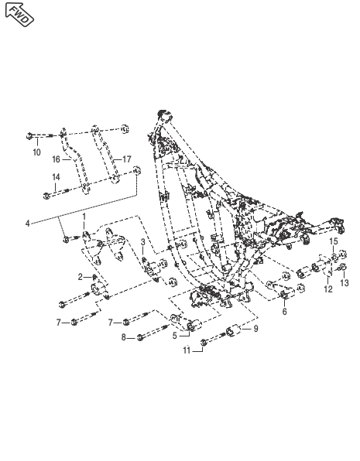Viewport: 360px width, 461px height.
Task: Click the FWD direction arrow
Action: pyautogui.click(x=19, y=15)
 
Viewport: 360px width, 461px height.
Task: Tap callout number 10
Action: pyautogui.click(x=36, y=152)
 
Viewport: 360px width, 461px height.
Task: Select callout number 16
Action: pyautogui.click(x=56, y=159)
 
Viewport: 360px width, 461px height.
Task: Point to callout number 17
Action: pyautogui.click(x=126, y=159)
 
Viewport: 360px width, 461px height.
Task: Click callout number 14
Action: pyautogui.click(x=56, y=177)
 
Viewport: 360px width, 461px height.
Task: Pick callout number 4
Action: pyautogui.click(x=28, y=224)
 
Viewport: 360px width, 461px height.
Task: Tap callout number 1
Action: pyautogui.click(x=84, y=217)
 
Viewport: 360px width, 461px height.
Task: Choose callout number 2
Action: pyautogui.click(x=81, y=277)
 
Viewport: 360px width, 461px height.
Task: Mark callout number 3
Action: pyautogui.click(x=143, y=242)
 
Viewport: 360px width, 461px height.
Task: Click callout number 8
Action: pyautogui.click(x=124, y=337)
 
